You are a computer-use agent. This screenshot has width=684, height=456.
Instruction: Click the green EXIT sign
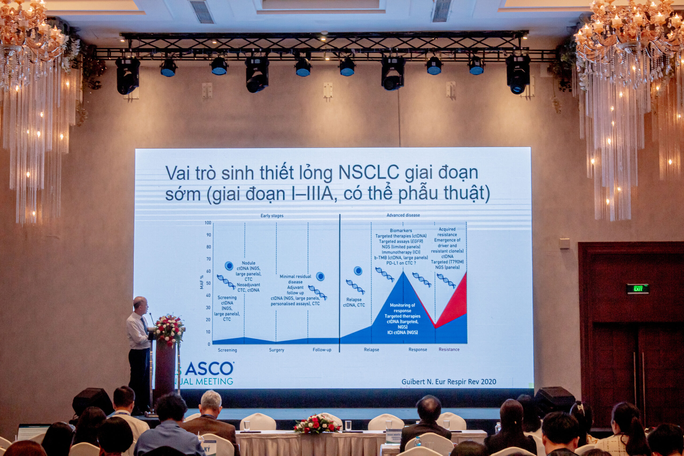[x=638, y=289]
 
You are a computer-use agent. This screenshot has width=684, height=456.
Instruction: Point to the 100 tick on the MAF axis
[x=208, y=223]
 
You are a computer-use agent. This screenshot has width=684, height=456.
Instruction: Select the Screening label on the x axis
[x=227, y=350]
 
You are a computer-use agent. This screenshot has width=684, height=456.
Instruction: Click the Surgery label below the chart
[x=276, y=350]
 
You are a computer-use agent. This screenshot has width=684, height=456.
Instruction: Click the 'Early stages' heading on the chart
[x=272, y=216]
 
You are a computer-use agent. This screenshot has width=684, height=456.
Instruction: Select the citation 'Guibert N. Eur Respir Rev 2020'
[x=448, y=381]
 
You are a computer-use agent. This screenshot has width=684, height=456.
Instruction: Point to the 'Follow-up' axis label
[x=322, y=350]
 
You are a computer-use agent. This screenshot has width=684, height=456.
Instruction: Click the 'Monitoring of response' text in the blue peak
[x=402, y=308]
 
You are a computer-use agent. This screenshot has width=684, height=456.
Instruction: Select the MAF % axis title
[x=201, y=282]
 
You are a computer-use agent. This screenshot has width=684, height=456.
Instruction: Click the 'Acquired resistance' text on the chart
[x=447, y=232]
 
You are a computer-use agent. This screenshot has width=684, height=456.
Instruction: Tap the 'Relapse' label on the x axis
[x=371, y=350]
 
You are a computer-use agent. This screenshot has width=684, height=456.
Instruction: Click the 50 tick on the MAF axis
[x=208, y=283]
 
